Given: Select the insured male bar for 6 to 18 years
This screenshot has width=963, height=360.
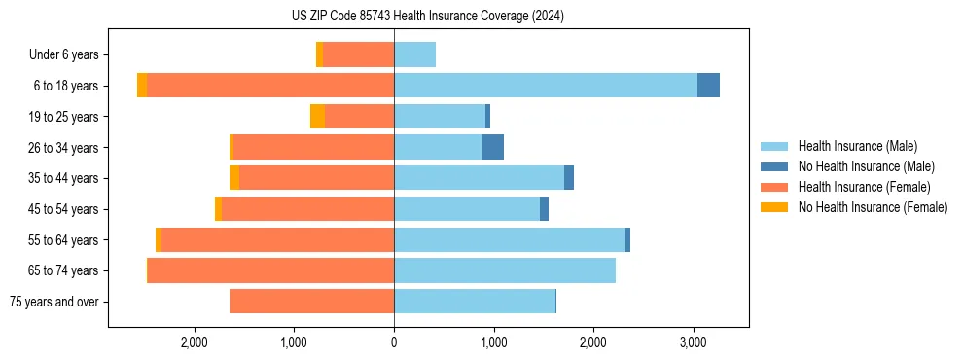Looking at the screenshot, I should [x=545, y=86].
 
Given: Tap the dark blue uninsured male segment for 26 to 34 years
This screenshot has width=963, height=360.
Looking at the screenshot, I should [x=492, y=147].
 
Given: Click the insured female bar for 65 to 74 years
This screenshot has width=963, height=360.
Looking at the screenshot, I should [x=270, y=270].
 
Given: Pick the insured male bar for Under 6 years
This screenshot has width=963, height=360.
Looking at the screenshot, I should [x=414, y=54].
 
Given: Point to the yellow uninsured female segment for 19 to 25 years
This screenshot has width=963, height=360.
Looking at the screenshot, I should [x=317, y=117].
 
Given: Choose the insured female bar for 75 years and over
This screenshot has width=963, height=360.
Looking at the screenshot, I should [x=311, y=302].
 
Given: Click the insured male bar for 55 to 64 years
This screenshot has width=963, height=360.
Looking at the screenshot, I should [x=509, y=239].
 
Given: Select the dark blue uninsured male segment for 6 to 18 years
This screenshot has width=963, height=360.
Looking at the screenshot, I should [x=708, y=86].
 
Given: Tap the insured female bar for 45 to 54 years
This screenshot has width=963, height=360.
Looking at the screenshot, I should [x=307, y=209].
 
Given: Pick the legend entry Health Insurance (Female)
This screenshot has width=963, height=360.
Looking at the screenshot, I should [x=864, y=187].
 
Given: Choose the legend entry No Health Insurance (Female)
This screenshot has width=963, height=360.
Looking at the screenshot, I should [x=873, y=207].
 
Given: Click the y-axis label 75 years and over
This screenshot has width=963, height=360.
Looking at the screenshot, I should [x=54, y=302].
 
